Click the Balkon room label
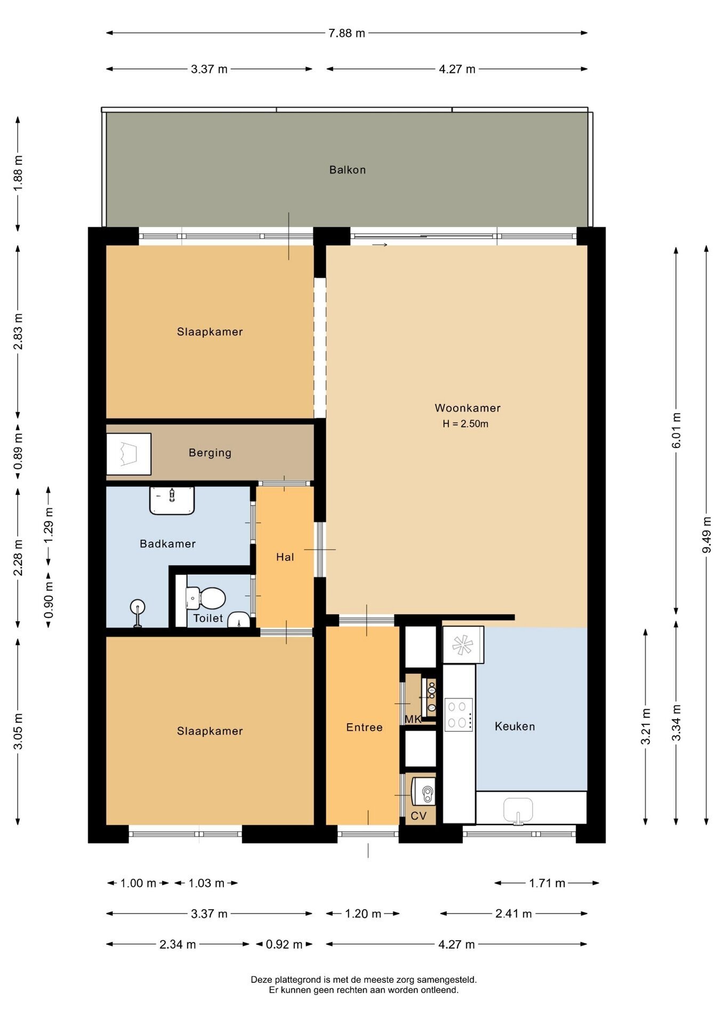pos(347,170)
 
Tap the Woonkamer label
pos(468,408)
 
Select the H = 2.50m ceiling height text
pos(465,424)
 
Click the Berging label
pos(210,453)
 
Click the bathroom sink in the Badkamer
pos(172,500)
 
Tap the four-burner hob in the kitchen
pos(458,714)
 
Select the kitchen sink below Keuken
pos(518,810)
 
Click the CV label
pos(419,816)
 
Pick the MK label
pos(413,719)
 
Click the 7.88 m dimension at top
pos(347,33)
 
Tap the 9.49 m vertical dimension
pos(707,535)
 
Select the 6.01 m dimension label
pos(677,430)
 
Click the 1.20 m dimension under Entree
pos(363,914)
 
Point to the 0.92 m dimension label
pos(284,945)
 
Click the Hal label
pos(285,557)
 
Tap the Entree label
pos(364,727)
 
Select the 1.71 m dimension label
pos(547,883)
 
